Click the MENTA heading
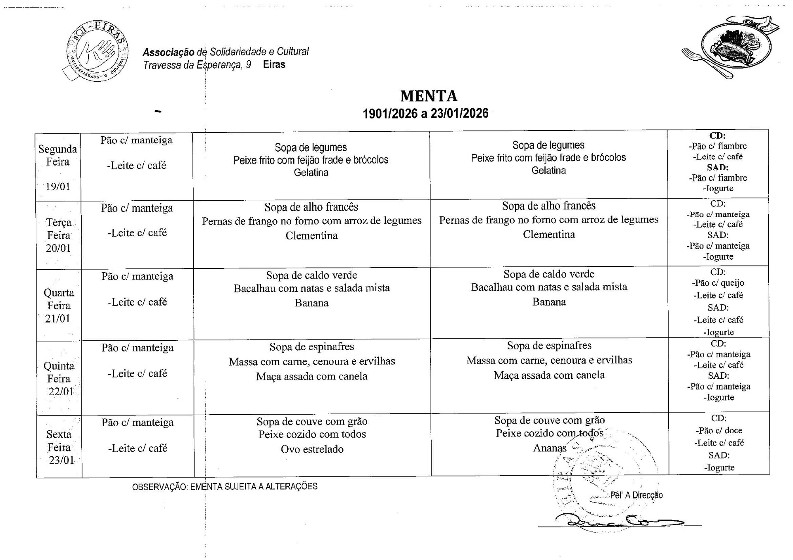[429, 96]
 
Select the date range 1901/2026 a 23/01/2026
[425, 114]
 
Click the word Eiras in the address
[274, 64]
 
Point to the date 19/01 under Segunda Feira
[58, 186]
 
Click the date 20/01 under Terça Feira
[58, 248]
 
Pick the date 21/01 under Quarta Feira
[57, 318]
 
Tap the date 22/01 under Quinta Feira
[61, 392]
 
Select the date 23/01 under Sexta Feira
[61, 460]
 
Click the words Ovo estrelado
[312, 449]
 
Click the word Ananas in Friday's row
[550, 448]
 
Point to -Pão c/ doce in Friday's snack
[719, 430]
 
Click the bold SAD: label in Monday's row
[718, 167]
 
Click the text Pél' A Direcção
[636, 495]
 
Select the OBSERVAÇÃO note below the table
[225, 486]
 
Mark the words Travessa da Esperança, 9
[197, 65]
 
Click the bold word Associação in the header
[168, 52]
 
